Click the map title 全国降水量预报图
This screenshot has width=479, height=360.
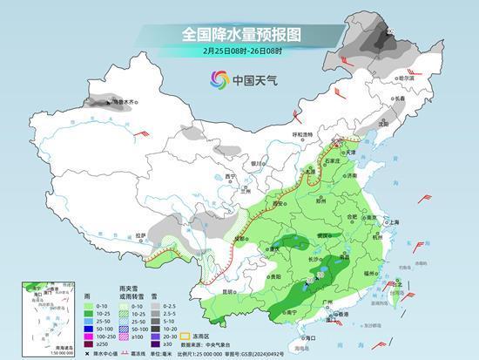point(240,34)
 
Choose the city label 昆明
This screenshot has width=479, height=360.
point(227,292)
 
